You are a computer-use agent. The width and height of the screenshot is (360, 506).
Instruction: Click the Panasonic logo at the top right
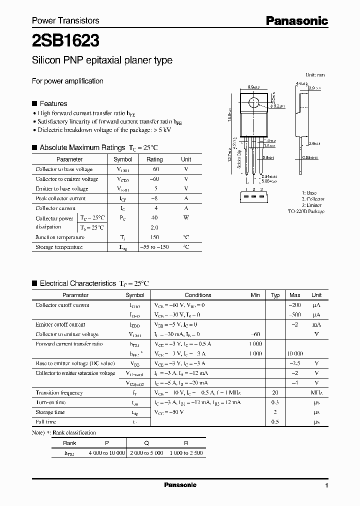[x=296, y=20]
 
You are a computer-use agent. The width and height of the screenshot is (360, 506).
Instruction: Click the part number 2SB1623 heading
[x=65, y=40]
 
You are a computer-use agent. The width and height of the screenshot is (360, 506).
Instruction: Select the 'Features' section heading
[x=53, y=103]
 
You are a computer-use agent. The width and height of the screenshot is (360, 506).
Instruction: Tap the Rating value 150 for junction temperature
[x=154, y=237]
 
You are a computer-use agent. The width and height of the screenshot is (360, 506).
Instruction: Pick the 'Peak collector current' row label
[x=60, y=198]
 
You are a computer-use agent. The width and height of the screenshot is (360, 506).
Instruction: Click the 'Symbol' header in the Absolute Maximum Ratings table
[x=123, y=159]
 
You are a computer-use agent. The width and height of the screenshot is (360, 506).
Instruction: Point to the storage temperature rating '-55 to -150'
[x=154, y=247]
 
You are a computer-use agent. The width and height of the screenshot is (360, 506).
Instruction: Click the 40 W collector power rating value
[x=154, y=218]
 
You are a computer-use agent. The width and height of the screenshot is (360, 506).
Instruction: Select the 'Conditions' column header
[x=197, y=295]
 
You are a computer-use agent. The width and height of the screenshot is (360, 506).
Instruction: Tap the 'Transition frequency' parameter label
[x=59, y=393]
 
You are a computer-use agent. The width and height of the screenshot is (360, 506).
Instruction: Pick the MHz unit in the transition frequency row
[x=316, y=393]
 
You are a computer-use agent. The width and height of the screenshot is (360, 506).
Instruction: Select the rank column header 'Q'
[x=146, y=443]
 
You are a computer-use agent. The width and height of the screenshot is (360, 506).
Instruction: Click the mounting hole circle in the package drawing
[x=253, y=104]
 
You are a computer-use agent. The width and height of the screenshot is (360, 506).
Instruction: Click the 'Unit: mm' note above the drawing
[x=315, y=74]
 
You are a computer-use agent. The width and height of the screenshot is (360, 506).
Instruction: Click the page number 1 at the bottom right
[x=326, y=486]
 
